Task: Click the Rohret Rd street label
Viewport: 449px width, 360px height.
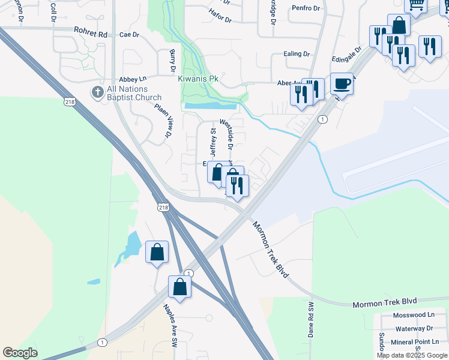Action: click(x=90, y=32)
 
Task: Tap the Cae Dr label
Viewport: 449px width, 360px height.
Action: click(x=128, y=35)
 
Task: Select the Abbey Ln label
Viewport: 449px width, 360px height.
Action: click(x=133, y=79)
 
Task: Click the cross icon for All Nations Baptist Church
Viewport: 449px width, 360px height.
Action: click(x=97, y=92)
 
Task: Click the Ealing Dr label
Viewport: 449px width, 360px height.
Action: click(x=297, y=54)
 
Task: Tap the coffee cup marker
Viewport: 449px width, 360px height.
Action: click(x=342, y=83)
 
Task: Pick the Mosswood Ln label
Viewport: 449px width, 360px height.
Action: click(x=414, y=315)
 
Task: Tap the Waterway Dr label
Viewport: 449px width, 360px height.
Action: click(x=414, y=328)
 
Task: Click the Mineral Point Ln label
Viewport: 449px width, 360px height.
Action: click(x=414, y=341)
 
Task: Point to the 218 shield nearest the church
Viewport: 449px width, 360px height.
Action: click(x=71, y=103)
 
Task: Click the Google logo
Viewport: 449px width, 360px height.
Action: click(x=20, y=353)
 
